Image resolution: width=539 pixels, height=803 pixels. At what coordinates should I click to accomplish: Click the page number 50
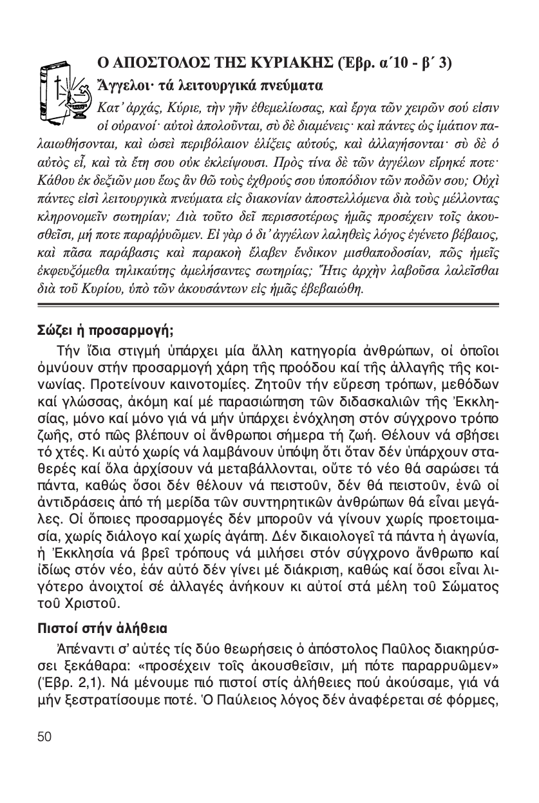tap(44, 737)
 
